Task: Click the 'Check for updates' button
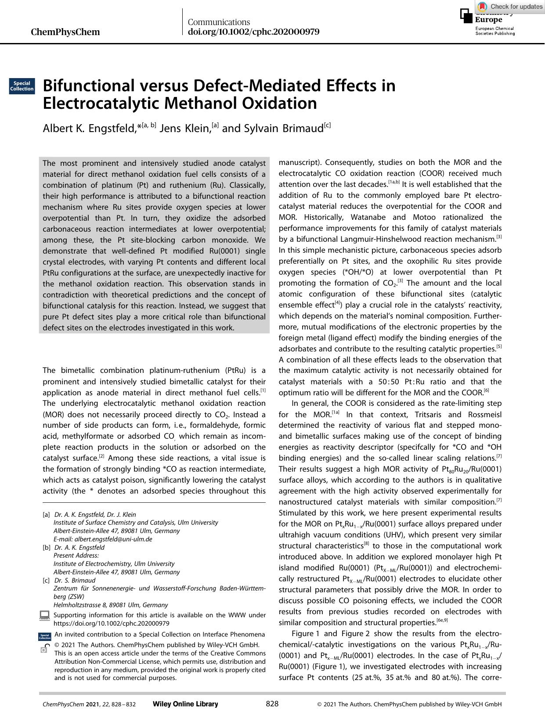pos(510,6)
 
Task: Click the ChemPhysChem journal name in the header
pos(65,32)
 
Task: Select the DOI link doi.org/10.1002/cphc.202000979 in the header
pos(253,32)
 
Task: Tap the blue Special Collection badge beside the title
pos(22,86)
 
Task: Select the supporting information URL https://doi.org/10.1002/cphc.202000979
pos(111,623)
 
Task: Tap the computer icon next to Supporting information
pos(44,615)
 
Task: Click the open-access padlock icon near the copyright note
pos(44,648)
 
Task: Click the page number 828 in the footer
pos(272,704)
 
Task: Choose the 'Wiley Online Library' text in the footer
pos(185,704)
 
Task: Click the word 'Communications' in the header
pos(219,22)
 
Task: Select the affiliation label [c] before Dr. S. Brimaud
pos(46,580)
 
